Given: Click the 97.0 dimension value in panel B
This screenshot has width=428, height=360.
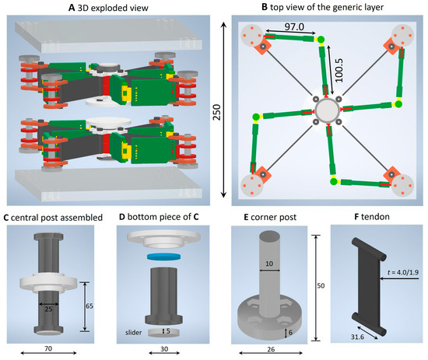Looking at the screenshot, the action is [x=294, y=26].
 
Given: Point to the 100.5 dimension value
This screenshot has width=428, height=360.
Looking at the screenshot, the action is [x=339, y=70].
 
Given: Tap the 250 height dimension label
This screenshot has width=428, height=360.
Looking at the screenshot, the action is [x=217, y=112].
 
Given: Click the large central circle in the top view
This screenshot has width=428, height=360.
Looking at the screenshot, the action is [x=328, y=110].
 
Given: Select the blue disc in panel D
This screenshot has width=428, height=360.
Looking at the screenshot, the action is [x=164, y=257].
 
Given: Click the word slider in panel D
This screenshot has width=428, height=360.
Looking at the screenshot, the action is [x=134, y=333].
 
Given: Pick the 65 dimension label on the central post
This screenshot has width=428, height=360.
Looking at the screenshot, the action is [x=89, y=306].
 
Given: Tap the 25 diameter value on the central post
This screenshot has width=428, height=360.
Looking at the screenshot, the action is [x=48, y=309].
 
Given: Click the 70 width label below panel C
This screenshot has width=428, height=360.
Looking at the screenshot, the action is [x=48, y=348].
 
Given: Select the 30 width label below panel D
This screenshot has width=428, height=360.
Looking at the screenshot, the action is [x=164, y=349].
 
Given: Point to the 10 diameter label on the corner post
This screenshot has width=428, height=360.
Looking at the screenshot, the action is [x=269, y=264].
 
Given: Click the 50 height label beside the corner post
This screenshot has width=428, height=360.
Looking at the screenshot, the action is [x=321, y=285].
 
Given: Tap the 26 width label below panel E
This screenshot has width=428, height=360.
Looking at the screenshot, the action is [x=271, y=349].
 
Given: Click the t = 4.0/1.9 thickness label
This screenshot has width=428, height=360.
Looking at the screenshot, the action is [x=403, y=272].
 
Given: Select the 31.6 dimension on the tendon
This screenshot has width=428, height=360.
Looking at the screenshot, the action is [x=358, y=337].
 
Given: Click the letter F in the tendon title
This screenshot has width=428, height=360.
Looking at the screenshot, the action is [x=356, y=217].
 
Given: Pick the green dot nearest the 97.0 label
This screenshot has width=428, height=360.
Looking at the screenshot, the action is [x=321, y=40].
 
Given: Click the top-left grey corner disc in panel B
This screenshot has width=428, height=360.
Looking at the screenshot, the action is [x=252, y=36].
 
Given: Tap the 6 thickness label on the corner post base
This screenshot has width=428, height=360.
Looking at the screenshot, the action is [x=290, y=333].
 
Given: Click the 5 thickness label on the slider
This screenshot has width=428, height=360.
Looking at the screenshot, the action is [x=168, y=330].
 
